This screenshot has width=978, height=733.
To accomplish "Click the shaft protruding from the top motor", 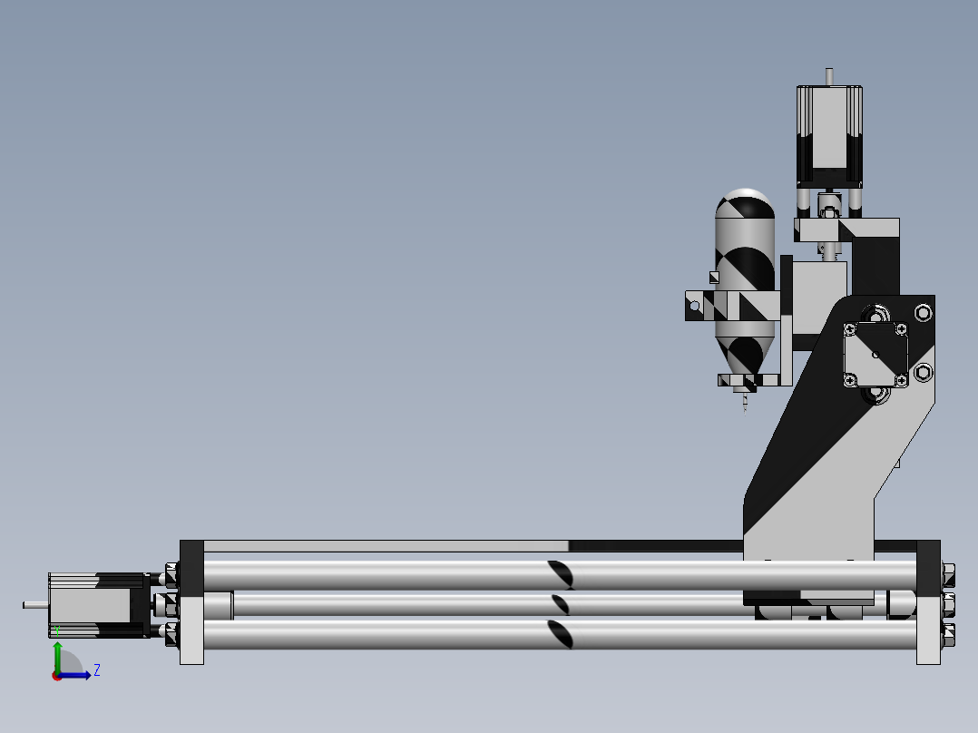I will coord(827,76).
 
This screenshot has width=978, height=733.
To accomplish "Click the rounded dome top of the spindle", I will coord(745,200).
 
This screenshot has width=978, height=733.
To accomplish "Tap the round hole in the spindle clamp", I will coord(695,307).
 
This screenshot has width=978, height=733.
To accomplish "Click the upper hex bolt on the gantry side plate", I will coord(923,313).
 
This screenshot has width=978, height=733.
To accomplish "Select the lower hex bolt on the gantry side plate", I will coord(923,372).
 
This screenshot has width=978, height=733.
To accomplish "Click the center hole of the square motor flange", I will coord(876,353).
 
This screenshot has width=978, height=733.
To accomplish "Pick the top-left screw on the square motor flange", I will coord(851,327).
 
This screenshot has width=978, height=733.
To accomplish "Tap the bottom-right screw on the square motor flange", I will coord(902,380).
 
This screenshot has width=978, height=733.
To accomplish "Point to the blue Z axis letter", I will coord(97,670).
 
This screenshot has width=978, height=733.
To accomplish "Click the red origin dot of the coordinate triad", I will coord(57,675).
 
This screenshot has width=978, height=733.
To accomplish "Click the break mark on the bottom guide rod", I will coord(561,635).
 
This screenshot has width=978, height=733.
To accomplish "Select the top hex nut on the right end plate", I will coord(948,573).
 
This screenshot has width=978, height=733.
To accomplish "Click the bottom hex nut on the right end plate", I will coord(948,634).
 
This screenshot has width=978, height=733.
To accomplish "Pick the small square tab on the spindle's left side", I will coord(714,278).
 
